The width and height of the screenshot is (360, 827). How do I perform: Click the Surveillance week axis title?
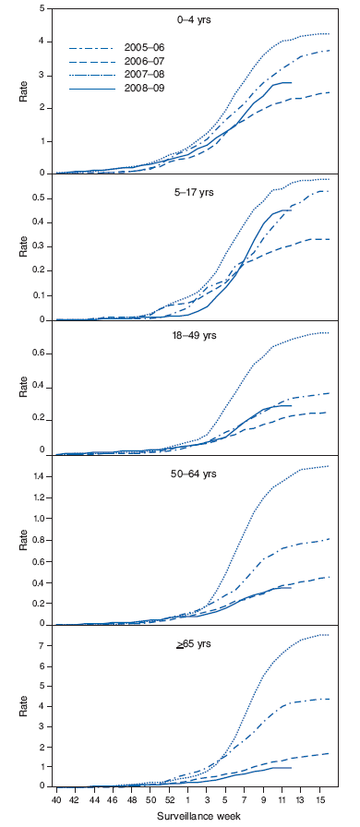(195, 816)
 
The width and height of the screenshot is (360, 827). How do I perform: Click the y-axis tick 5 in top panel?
(41, 9)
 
